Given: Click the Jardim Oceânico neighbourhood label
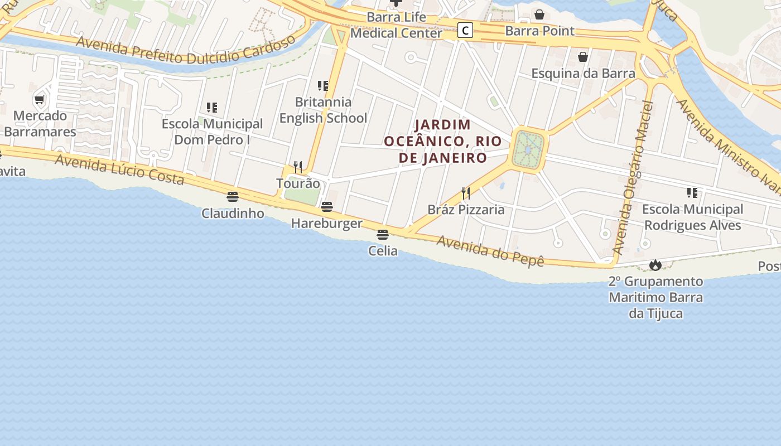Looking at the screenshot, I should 443,141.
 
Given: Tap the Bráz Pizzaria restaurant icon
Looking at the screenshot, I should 466,193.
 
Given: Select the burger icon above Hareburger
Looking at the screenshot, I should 327,207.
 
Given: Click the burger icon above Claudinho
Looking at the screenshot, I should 233,197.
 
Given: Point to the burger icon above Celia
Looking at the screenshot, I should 382,235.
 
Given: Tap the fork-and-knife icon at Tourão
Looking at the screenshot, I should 298,167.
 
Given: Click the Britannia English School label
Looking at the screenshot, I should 323,110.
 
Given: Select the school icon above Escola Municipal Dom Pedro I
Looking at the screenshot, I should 211,107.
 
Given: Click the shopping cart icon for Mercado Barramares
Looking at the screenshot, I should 39,100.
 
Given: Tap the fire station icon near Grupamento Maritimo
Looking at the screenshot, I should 655,265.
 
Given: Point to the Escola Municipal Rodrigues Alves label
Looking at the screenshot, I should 692,217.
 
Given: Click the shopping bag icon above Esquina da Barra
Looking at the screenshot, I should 583,57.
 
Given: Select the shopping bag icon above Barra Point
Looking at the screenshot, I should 539,14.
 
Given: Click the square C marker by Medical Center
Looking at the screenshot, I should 465,30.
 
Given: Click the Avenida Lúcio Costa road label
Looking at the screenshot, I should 119,169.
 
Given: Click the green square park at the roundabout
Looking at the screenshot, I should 528,149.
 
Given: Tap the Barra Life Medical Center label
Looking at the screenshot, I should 396,25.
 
